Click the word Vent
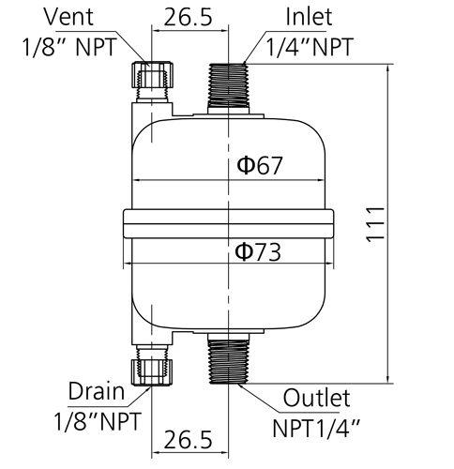coord(68,17)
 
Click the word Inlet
coord(309,17)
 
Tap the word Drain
coord(97,391)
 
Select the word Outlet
coord(316,398)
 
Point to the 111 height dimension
coord(375,224)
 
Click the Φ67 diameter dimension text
coord(260,165)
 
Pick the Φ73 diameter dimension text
coord(258,252)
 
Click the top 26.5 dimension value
coord(188,17)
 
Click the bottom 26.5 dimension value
coord(188,440)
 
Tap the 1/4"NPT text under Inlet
coord(310,47)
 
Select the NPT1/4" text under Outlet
coord(316,428)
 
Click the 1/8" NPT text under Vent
coord(69,47)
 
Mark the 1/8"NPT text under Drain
coord(98,421)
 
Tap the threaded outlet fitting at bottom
coord(228,358)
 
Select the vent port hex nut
coord(152,75)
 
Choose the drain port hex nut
coord(152,372)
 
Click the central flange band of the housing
coord(228,224)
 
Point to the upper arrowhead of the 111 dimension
coord(388,69)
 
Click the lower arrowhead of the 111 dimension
coord(388,378)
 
